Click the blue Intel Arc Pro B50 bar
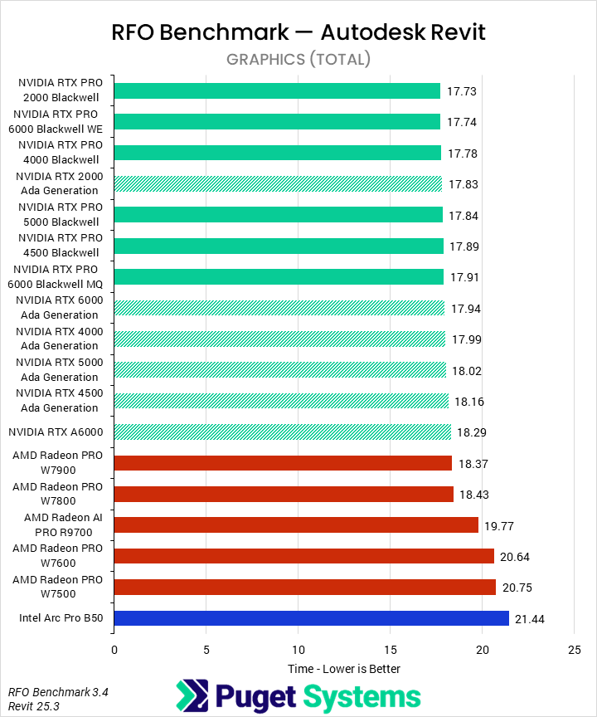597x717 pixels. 311,618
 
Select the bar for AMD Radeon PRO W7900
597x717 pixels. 282,463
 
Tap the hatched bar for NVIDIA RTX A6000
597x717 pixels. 282,432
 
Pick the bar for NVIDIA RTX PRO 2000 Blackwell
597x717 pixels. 276,90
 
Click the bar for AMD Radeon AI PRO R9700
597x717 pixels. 295,524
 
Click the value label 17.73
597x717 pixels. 463,91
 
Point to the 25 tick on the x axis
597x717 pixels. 574,650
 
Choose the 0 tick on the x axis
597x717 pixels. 114,650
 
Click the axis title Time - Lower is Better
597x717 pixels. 343,669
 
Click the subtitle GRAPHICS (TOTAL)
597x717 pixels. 298,59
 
